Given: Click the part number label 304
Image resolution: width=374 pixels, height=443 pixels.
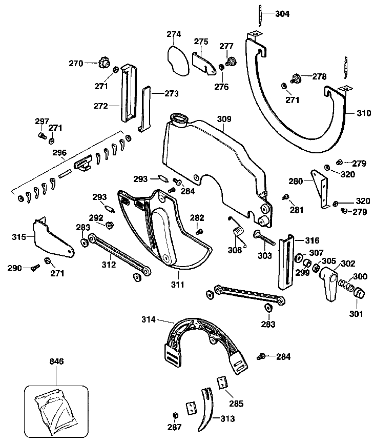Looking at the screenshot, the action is [x=282, y=14].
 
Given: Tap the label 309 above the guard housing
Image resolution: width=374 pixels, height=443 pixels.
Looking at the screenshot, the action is [x=224, y=119].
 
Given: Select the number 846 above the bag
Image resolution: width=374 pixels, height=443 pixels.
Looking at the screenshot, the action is [x=56, y=361].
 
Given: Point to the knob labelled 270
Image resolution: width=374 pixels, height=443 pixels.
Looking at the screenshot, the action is [x=104, y=63].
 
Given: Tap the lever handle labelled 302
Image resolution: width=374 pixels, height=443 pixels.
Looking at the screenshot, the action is [x=329, y=284].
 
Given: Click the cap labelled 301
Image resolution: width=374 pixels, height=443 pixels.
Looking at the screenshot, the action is [x=359, y=292].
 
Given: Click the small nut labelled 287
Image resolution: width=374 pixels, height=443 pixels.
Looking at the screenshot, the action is [x=175, y=415].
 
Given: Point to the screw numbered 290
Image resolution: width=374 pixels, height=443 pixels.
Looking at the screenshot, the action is [x=35, y=267].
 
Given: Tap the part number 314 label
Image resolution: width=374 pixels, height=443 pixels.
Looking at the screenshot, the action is [x=149, y=319].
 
